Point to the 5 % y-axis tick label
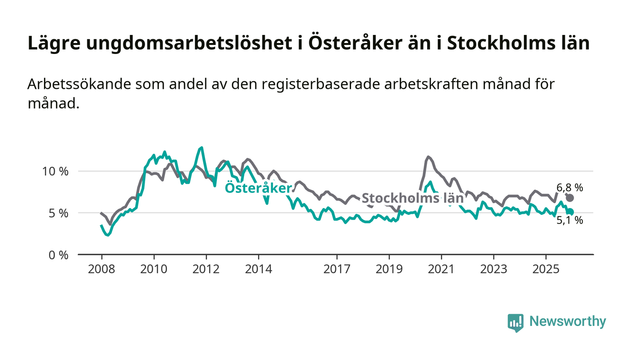59,213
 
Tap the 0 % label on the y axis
59,255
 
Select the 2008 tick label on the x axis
101,269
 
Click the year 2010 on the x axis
153,269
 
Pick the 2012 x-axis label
206,269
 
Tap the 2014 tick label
259,269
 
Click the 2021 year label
441,269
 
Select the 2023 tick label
493,269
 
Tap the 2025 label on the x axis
546,269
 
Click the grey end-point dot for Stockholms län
570,198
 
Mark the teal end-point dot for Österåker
571,212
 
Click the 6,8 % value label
570,187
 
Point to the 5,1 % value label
570,221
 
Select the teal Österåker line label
259,188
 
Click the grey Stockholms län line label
412,198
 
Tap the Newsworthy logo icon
515,322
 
